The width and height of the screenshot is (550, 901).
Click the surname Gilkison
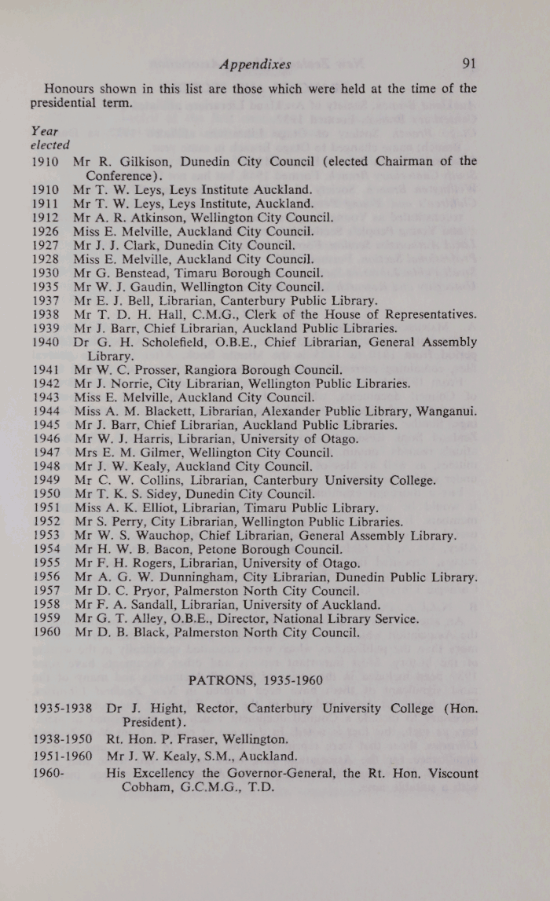(143, 162)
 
